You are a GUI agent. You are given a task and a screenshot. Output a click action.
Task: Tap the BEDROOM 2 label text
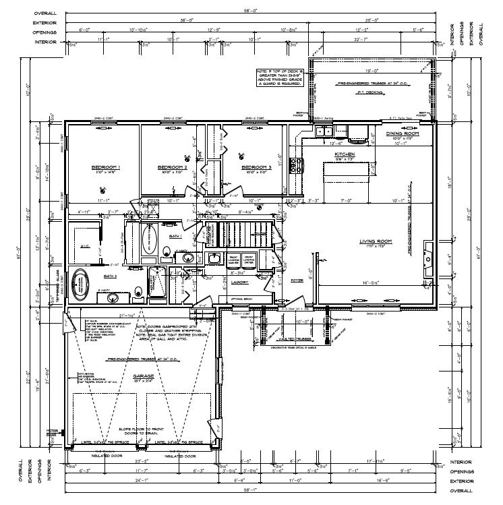pos(171,167)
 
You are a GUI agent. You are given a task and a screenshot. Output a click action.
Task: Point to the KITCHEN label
pos(344,154)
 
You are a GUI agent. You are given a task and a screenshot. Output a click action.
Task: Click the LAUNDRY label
pos(241,283)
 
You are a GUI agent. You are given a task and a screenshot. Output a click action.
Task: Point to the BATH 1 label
pos(175,237)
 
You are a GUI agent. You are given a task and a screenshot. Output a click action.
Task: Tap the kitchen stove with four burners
pos(294,164)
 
